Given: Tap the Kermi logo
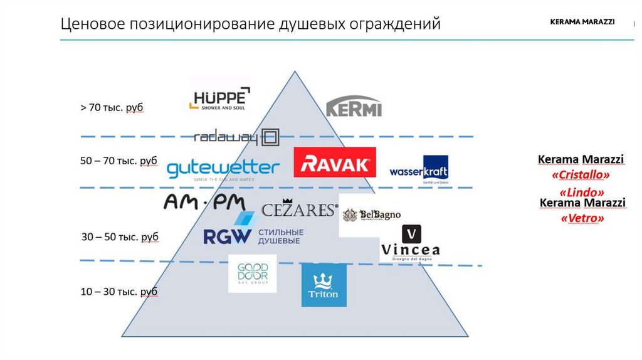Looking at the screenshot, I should (354, 107).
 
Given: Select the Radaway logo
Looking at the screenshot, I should (236, 137).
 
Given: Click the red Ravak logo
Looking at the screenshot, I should (335, 163).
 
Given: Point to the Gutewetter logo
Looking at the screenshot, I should (223, 169).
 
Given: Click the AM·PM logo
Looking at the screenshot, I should (204, 202).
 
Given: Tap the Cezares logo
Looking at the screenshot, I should (299, 209).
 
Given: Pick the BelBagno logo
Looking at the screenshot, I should (371, 215).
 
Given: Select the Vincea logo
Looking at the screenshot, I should (411, 243).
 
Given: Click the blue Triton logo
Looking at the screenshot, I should (324, 285).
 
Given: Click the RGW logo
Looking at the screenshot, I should (253, 231).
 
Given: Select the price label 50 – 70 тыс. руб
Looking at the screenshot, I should (118, 161).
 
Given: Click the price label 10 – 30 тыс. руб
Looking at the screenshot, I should (118, 292).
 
